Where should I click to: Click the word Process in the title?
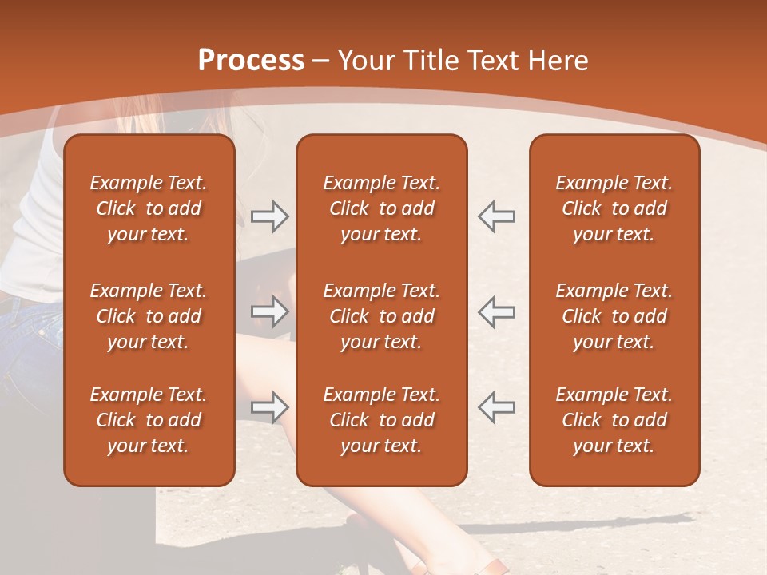click(x=251, y=61)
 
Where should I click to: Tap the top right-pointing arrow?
click(x=270, y=216)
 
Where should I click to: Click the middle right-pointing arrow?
click(x=270, y=311)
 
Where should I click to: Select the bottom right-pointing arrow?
click(x=270, y=407)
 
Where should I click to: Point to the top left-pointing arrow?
click(x=496, y=216)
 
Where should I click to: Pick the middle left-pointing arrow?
click(x=496, y=311)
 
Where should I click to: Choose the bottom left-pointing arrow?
click(x=496, y=407)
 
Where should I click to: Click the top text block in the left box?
click(x=149, y=208)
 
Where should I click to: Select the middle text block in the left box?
click(x=149, y=316)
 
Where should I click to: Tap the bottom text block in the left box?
click(x=149, y=420)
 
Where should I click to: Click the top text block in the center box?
click(x=381, y=208)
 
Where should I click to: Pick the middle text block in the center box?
click(x=381, y=316)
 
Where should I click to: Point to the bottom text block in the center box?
click(x=381, y=420)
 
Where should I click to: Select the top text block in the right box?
click(x=614, y=208)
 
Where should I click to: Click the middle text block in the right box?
click(x=614, y=316)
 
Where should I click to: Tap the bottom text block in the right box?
click(x=614, y=420)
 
